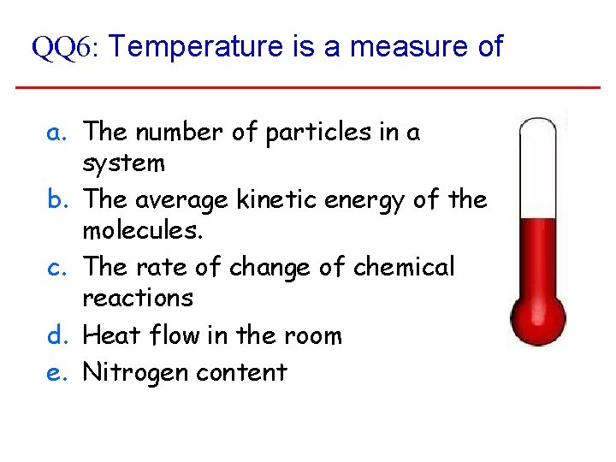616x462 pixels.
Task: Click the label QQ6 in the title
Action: click(65, 48)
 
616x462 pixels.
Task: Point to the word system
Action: click(123, 163)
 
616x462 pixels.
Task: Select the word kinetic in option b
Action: click(272, 200)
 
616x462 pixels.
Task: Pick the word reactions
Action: click(138, 298)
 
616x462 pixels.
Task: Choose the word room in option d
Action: click(312, 335)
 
